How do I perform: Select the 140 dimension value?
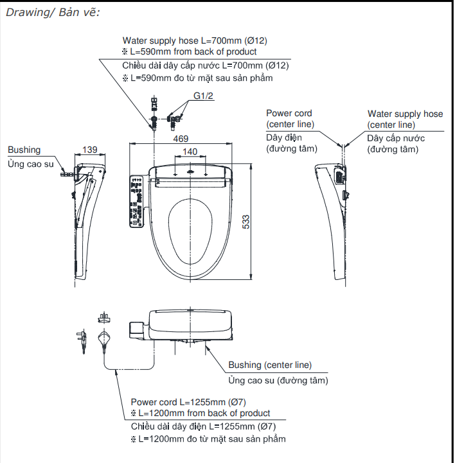[190, 152]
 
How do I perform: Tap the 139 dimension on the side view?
[90, 150]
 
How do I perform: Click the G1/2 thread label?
[204, 98]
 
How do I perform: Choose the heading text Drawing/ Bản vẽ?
[53, 13]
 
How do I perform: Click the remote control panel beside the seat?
[136, 200]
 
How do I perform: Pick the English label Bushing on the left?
[24, 150]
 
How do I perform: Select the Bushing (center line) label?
[270, 365]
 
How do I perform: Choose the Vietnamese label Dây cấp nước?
[396, 138]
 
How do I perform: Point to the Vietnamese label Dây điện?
[284, 137]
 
